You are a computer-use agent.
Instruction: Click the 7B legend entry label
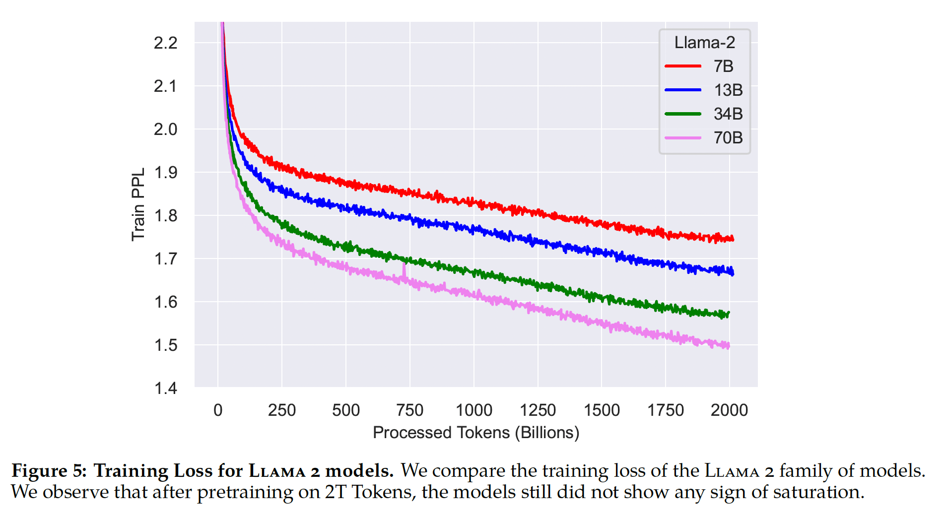click(x=723, y=66)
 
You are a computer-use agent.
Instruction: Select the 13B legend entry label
click(x=728, y=90)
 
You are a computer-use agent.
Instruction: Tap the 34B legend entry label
click(x=728, y=114)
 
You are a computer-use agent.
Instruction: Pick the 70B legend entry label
click(x=728, y=137)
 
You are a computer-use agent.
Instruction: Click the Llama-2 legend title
click(x=704, y=43)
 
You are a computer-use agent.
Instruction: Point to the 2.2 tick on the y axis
click(x=165, y=43)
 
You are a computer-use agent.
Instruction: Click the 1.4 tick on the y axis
click(x=165, y=388)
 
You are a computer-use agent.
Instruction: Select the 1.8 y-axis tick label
click(x=165, y=216)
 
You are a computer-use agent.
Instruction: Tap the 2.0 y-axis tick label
click(x=165, y=130)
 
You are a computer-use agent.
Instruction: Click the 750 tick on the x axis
click(x=409, y=410)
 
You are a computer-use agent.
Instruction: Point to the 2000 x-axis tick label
click(x=729, y=410)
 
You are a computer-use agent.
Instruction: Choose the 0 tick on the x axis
click(x=218, y=410)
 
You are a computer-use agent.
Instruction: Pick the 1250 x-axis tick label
click(x=538, y=410)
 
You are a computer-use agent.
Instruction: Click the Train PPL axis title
click(x=138, y=204)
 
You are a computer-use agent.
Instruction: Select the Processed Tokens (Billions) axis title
click(x=476, y=433)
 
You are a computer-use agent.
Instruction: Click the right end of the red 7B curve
click(x=733, y=239)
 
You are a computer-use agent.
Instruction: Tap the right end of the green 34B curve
click(x=728, y=314)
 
